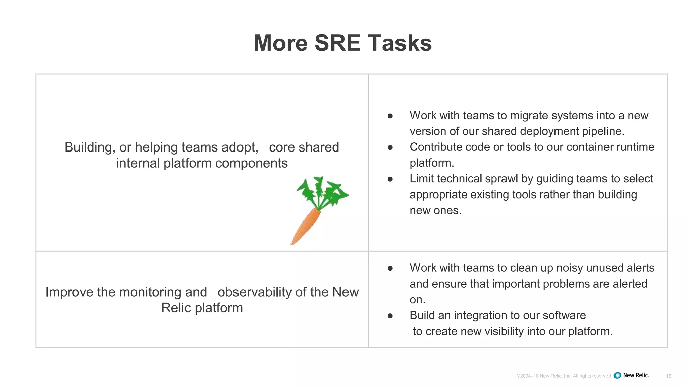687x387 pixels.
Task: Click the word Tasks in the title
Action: [400, 43]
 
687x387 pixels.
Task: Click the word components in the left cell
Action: [251, 163]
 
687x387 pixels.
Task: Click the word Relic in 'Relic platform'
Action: [176, 308]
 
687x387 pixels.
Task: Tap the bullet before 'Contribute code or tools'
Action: [390, 147]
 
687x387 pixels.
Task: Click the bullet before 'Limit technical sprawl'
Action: [390, 179]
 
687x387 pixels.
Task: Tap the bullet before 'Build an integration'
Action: [390, 316]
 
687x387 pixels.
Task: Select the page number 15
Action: [668, 376]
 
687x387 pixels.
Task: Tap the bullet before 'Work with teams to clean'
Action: [390, 268]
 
